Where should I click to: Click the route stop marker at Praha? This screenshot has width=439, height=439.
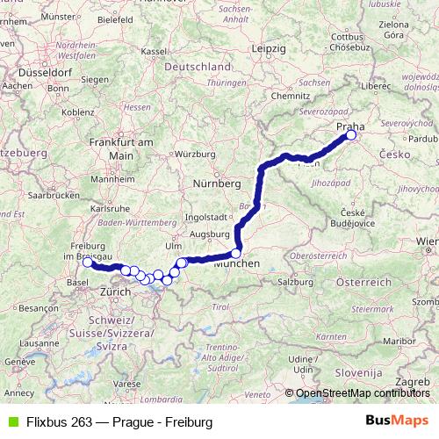[351, 135]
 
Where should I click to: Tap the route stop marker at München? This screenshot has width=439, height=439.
[235, 253]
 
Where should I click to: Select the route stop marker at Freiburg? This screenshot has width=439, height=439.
[87, 262]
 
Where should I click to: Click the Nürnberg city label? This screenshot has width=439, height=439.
[217, 184]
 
